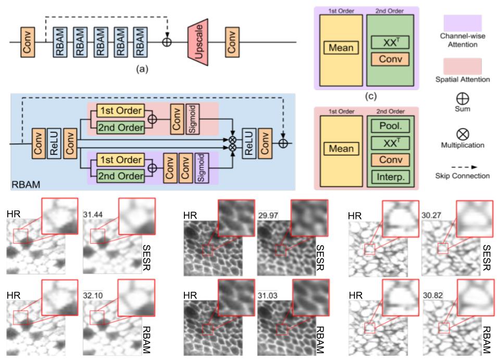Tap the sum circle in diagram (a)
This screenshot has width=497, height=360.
167,42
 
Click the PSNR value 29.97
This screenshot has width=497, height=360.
267,214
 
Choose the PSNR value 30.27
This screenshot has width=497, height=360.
431,214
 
